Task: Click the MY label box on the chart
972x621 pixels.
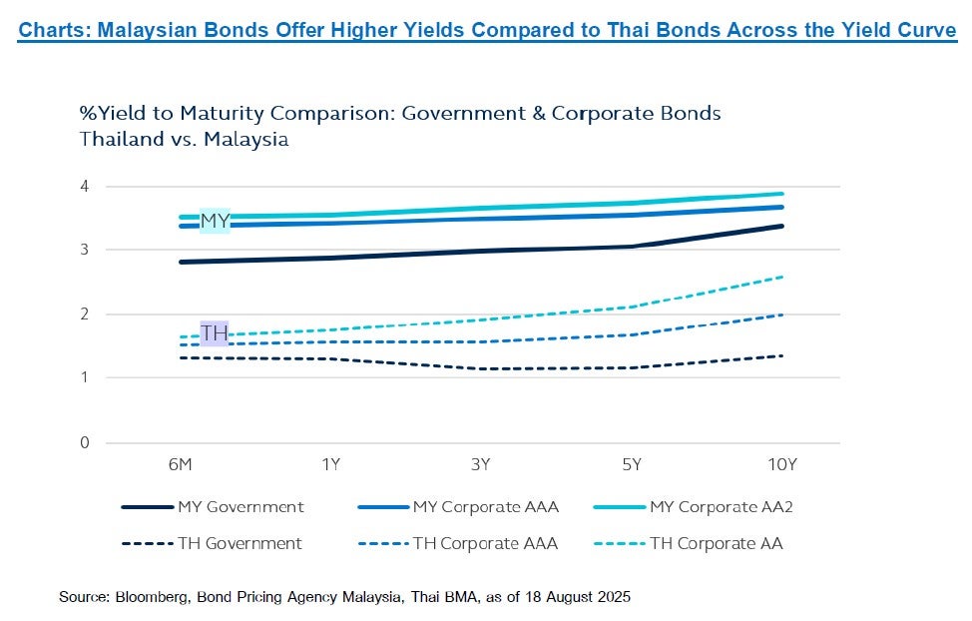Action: point(216,221)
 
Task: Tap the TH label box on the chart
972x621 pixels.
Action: point(215,332)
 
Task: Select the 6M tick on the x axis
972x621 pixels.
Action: point(182,464)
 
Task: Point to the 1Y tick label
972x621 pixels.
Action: point(331,464)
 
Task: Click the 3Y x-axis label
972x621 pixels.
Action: point(481,464)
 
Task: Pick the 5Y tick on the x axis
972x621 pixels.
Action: point(632,464)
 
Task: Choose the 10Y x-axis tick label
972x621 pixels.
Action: point(781,464)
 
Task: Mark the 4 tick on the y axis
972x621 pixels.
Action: point(85,187)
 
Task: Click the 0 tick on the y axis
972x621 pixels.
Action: point(85,442)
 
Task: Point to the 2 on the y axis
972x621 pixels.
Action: point(85,314)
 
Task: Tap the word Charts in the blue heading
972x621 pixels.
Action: point(49,30)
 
